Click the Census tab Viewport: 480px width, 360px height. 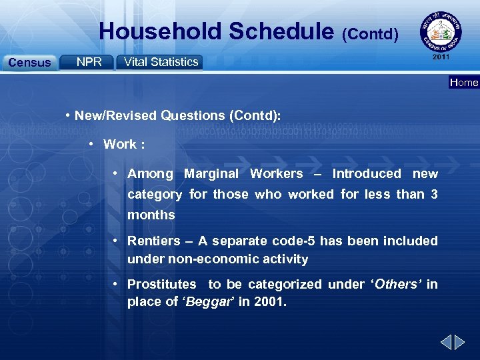[x=29, y=63]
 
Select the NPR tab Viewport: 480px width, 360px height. [x=89, y=62]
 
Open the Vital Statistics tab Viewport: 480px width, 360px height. [x=161, y=62]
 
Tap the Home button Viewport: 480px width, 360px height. [x=464, y=83]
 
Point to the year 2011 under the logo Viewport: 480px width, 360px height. [x=441, y=57]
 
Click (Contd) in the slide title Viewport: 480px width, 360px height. [x=370, y=33]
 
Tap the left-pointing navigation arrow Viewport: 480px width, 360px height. [x=446, y=343]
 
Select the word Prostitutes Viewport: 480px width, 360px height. [x=162, y=284]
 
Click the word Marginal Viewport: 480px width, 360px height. [x=211, y=173]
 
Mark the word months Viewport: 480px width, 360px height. [x=151, y=215]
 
